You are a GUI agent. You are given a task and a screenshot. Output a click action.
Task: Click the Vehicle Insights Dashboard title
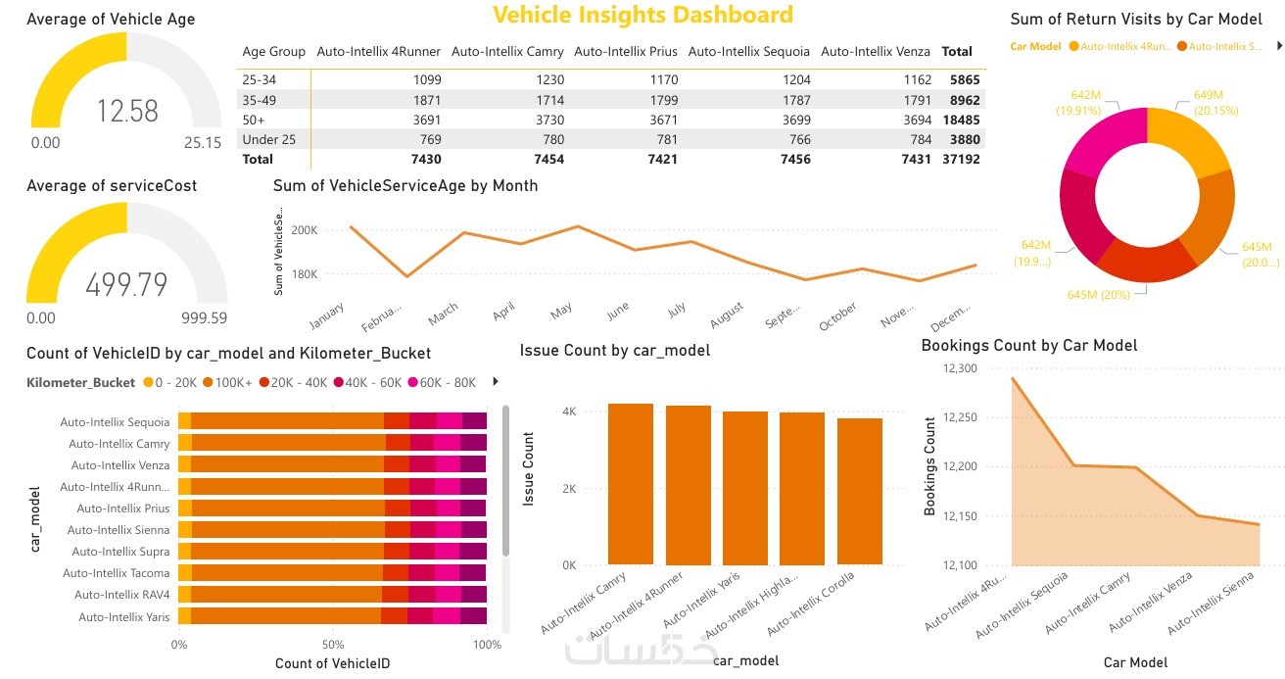[642, 15]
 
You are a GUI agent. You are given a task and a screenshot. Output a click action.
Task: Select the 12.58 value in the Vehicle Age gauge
[127, 111]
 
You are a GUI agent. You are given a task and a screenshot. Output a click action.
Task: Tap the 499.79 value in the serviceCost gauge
[126, 284]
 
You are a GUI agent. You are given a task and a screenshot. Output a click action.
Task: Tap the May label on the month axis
[561, 311]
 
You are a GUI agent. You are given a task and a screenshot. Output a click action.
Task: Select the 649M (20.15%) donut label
[1215, 102]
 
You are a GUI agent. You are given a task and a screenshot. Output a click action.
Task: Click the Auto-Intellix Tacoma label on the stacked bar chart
[116, 573]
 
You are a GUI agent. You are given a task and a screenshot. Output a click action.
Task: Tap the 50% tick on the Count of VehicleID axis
[333, 645]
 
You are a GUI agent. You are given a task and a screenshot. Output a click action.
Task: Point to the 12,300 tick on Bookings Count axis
[972, 368]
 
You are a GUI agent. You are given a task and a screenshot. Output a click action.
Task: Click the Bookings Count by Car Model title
[1029, 345]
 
